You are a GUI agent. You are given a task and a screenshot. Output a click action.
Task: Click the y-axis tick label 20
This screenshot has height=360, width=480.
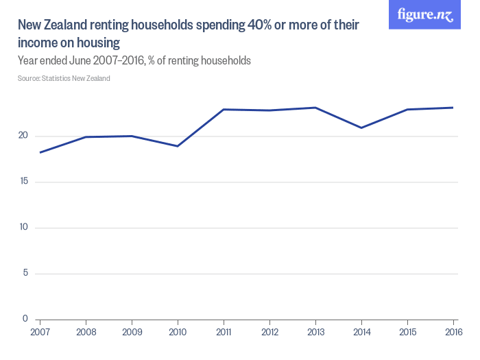coord(23,136)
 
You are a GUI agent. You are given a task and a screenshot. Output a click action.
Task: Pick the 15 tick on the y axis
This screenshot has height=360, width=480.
coord(23,182)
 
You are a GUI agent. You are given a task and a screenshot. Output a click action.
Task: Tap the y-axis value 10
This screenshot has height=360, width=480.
coord(23,228)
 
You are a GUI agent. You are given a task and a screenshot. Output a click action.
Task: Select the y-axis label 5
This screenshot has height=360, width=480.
coord(25,274)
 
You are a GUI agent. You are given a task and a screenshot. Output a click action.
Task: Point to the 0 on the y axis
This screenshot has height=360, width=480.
coord(25,319)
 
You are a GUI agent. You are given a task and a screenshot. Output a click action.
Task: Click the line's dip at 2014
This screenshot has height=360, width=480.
coord(361,128)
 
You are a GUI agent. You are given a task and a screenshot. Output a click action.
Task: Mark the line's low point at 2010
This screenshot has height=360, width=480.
coord(178,146)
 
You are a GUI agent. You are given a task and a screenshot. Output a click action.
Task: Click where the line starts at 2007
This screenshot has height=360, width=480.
coord(40,152)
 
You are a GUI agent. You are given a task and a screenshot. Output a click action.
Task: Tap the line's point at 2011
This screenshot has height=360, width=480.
coord(224,110)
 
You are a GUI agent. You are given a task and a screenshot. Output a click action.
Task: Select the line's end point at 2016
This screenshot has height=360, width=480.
coord(453,108)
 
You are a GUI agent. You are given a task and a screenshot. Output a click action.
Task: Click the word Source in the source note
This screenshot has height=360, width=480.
coord(29,78)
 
